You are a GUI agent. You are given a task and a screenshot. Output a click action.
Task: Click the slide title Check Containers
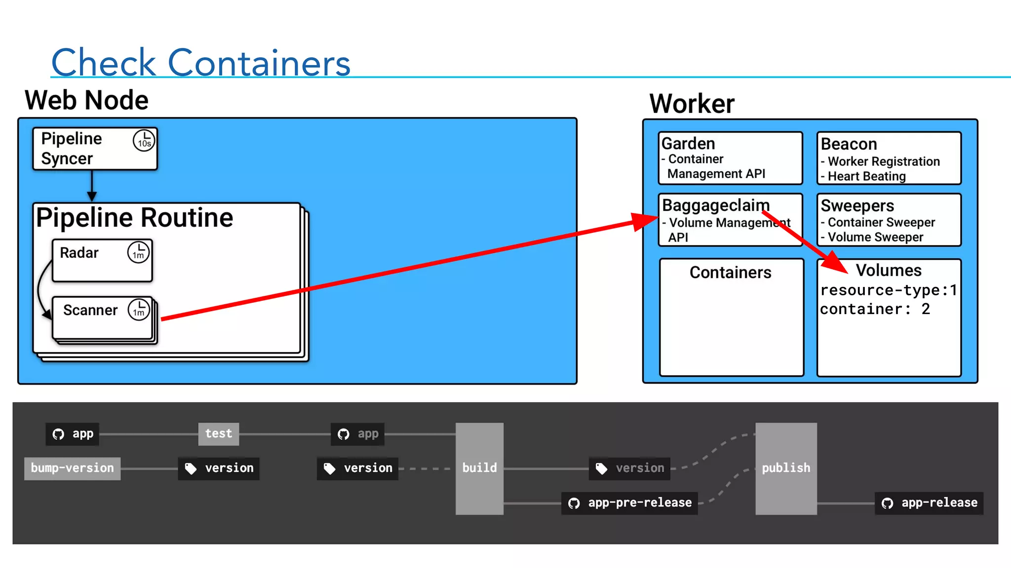coord(200,63)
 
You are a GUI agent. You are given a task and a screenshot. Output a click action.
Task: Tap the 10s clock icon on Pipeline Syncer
coord(144,141)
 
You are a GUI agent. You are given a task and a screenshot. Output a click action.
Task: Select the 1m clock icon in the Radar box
coord(138,252)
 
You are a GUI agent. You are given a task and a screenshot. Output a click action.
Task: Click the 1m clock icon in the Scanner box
coord(139,310)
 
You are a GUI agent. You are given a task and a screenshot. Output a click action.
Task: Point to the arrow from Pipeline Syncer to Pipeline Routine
coord(92,186)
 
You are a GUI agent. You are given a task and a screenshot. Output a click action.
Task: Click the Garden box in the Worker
coord(730,158)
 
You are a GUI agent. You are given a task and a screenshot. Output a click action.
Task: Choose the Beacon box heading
coord(849,144)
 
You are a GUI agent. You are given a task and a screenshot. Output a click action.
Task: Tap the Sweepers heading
coord(857,206)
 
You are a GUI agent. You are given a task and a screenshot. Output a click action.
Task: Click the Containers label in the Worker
coord(730,273)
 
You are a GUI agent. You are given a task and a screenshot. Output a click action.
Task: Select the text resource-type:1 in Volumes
coord(888,290)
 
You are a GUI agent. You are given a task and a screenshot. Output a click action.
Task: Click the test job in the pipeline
coord(218,434)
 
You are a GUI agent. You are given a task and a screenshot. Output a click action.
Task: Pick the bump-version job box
coord(73,468)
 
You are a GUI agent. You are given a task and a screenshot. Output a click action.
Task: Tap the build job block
coord(479,468)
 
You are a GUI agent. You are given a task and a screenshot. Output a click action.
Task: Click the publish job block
coord(786,468)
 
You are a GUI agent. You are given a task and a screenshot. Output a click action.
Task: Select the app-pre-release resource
coord(629,503)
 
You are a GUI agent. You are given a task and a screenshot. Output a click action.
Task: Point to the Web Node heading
coord(86,101)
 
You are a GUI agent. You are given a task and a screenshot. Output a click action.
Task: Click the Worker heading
coord(692,104)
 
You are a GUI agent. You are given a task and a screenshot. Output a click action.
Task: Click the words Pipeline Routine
coord(135,218)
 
